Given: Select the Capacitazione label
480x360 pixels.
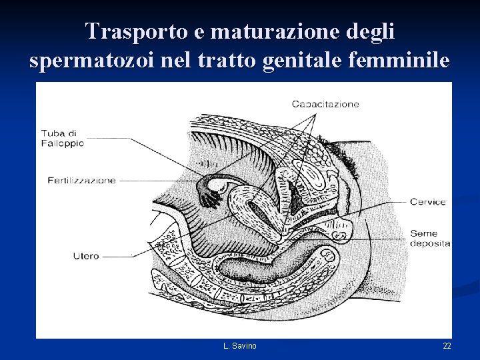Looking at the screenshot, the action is [325, 103].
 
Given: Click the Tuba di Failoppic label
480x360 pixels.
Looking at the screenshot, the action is [62, 137].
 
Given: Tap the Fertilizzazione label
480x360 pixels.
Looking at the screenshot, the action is [81, 180].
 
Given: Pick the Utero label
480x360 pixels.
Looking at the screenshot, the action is [86, 256].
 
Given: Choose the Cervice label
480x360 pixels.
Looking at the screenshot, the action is [427, 202].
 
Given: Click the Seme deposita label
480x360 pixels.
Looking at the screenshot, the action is [429, 239].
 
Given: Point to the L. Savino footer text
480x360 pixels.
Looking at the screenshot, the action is [240, 345].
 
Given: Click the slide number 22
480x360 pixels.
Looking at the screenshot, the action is [447, 345].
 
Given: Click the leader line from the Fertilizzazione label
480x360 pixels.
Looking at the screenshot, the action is [160, 180].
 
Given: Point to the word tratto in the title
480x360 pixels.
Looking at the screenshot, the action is [228, 61].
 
